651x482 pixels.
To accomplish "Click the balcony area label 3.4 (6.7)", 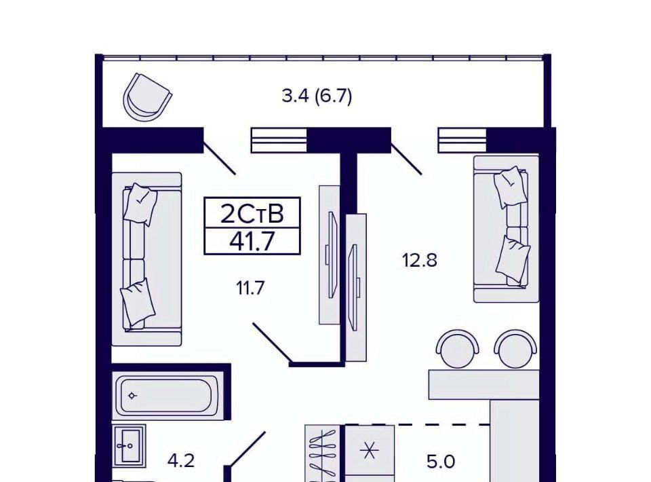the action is tap(317, 96).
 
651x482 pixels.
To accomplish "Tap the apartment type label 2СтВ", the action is tap(252, 214).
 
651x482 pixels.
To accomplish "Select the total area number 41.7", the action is tap(252, 241).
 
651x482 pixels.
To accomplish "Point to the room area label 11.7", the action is tap(250, 288).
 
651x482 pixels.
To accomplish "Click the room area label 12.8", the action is tap(419, 261).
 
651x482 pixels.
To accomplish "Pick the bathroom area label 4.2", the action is tap(180, 461).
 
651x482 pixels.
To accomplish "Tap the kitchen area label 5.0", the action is tap(441, 462).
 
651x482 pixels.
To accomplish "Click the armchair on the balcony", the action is tap(147, 98).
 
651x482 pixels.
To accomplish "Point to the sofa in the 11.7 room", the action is tap(146, 259).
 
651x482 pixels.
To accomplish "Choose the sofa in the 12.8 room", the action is tap(506, 229).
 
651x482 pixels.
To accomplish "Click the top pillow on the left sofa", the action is tap(140, 204).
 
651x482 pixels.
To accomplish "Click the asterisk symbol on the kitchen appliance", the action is tap(369, 450).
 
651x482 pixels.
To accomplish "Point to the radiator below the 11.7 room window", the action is tap(279, 140).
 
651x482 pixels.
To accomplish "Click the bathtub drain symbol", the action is tap(132, 396).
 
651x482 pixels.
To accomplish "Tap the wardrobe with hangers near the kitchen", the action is tap(325, 453).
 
